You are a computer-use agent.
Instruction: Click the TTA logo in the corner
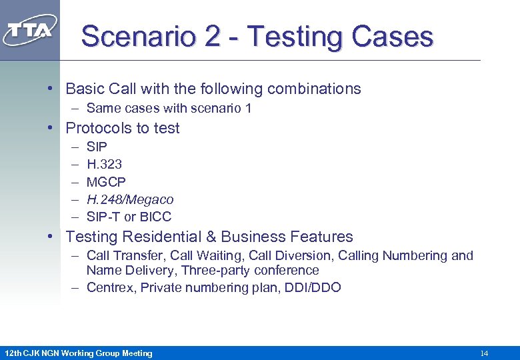pos(30,30)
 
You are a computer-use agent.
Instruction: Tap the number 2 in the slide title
pos(212,36)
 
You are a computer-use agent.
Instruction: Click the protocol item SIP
pos(97,147)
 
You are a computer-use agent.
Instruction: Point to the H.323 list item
pos(104,164)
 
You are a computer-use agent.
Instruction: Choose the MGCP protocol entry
pos(106,182)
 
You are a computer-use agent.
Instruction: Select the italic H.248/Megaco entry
pos(130,199)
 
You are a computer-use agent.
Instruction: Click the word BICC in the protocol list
pos(155,217)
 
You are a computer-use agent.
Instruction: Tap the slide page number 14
pos(484,353)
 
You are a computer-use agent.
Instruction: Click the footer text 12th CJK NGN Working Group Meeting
pos(78,353)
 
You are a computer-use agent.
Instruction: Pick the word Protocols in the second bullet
pos(97,128)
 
